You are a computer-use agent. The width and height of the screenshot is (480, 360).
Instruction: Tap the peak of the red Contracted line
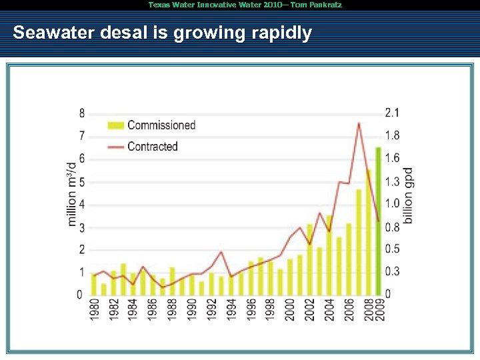359,123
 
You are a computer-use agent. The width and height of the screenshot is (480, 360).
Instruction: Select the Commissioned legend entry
161,125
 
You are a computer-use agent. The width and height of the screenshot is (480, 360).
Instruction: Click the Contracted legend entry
152,147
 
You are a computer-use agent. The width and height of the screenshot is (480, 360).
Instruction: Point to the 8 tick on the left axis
82,113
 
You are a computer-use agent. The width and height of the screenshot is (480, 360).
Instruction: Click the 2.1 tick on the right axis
392,113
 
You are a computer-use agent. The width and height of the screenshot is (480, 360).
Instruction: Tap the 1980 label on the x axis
94,309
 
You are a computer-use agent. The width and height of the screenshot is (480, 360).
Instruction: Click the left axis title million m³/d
73,193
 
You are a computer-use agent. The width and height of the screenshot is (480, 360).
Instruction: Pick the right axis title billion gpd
408,195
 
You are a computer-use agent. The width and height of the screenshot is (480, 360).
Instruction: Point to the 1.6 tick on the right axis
392,158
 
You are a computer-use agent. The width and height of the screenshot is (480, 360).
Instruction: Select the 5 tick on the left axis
82,182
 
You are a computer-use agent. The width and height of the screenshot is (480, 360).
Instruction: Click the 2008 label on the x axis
369,309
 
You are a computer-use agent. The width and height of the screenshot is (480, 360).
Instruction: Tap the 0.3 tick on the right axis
392,272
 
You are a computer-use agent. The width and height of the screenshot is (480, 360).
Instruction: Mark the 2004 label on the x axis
329,309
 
